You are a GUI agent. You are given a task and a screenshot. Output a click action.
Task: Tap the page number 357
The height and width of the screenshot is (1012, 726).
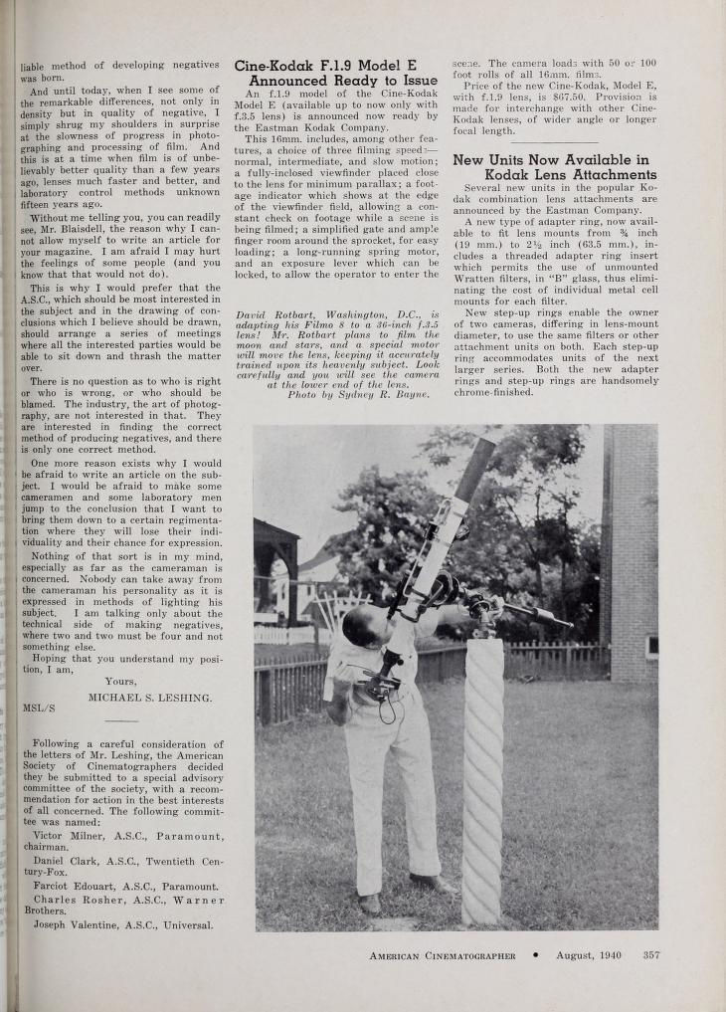tap(651, 955)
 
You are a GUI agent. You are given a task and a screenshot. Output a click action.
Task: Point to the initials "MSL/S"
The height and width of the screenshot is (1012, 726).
tap(37, 709)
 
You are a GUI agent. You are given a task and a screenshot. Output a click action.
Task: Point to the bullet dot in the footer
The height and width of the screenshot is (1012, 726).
tap(535, 955)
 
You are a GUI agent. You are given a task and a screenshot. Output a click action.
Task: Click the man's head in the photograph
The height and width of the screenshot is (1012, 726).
tap(357, 624)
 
